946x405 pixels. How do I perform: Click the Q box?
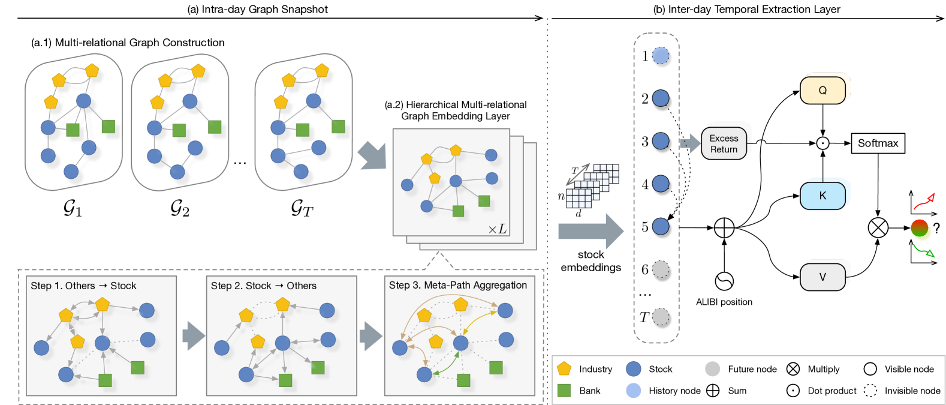(823, 90)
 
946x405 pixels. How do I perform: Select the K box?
(823, 195)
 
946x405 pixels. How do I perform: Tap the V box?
(823, 277)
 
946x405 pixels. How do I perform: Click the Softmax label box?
(878, 143)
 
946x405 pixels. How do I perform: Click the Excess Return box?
(724, 143)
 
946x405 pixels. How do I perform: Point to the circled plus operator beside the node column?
(724, 228)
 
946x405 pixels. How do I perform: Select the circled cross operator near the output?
(878, 228)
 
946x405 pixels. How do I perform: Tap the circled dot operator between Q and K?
(823, 143)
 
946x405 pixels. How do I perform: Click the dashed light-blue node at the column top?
(660, 56)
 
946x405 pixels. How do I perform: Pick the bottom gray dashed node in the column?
(660, 316)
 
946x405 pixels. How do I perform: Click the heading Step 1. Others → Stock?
(83, 286)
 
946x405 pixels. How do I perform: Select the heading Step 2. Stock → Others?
(264, 286)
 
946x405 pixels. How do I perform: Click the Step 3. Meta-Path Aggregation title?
(458, 286)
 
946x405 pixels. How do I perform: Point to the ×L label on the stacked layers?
(498, 229)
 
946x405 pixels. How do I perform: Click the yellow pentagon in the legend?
(564, 368)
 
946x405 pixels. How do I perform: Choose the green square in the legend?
(564, 391)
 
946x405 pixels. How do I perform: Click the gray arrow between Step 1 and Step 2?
(192, 335)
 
